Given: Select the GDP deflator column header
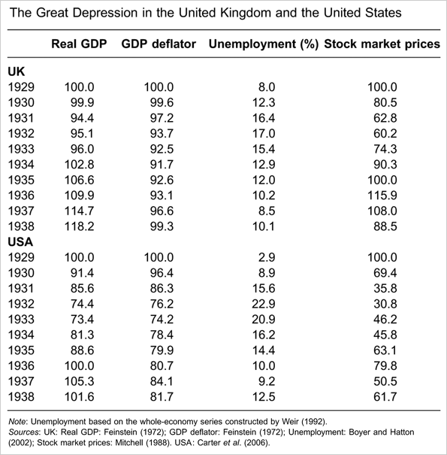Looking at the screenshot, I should pyautogui.click(x=159, y=44).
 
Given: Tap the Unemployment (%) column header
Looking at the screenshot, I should pyautogui.click(x=261, y=44).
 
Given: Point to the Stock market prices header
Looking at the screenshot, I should pyautogui.click(x=382, y=44).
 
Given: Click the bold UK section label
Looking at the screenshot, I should pyautogui.click(x=17, y=71).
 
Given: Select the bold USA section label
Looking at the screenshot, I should pyautogui.click(x=22, y=241).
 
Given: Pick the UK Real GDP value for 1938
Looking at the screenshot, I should pyautogui.click(x=84, y=225).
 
